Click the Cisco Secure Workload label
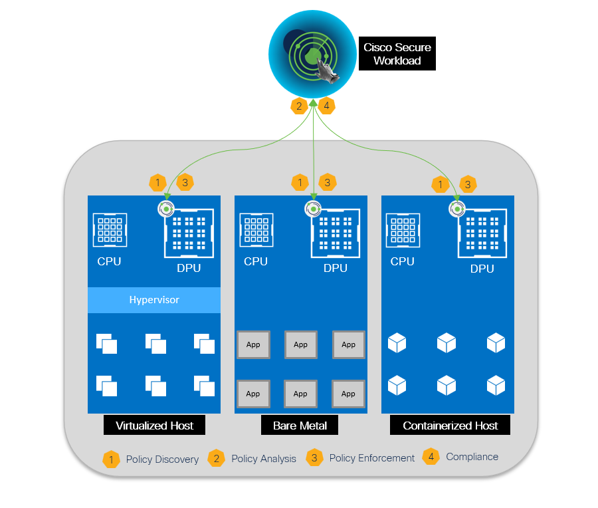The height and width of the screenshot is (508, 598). [x=397, y=54]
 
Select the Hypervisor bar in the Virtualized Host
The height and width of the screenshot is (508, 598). [x=154, y=300]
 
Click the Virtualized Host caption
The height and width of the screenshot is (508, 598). [x=154, y=426]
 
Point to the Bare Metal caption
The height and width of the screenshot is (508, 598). [x=300, y=426]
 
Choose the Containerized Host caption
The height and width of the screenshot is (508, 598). [x=450, y=426]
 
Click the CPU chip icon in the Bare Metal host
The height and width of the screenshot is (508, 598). [x=256, y=230]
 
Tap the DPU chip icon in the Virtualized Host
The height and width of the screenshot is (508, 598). [x=189, y=232]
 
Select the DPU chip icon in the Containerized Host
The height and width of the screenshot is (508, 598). [x=482, y=233]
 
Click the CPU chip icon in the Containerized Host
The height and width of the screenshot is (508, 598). [x=403, y=230]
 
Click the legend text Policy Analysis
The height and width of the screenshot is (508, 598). [x=264, y=459]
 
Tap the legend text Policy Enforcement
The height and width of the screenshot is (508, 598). [x=372, y=458]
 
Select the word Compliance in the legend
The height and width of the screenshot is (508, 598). [x=472, y=457]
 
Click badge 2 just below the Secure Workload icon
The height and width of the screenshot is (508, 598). [x=299, y=105]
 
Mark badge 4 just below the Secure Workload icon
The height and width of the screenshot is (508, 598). [x=326, y=105]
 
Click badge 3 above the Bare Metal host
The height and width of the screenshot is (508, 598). [x=327, y=182]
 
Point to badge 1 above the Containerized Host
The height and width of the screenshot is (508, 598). [x=439, y=184]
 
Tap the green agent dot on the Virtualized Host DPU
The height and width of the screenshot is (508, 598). [x=166, y=209]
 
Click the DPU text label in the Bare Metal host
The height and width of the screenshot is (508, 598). [x=336, y=269]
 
